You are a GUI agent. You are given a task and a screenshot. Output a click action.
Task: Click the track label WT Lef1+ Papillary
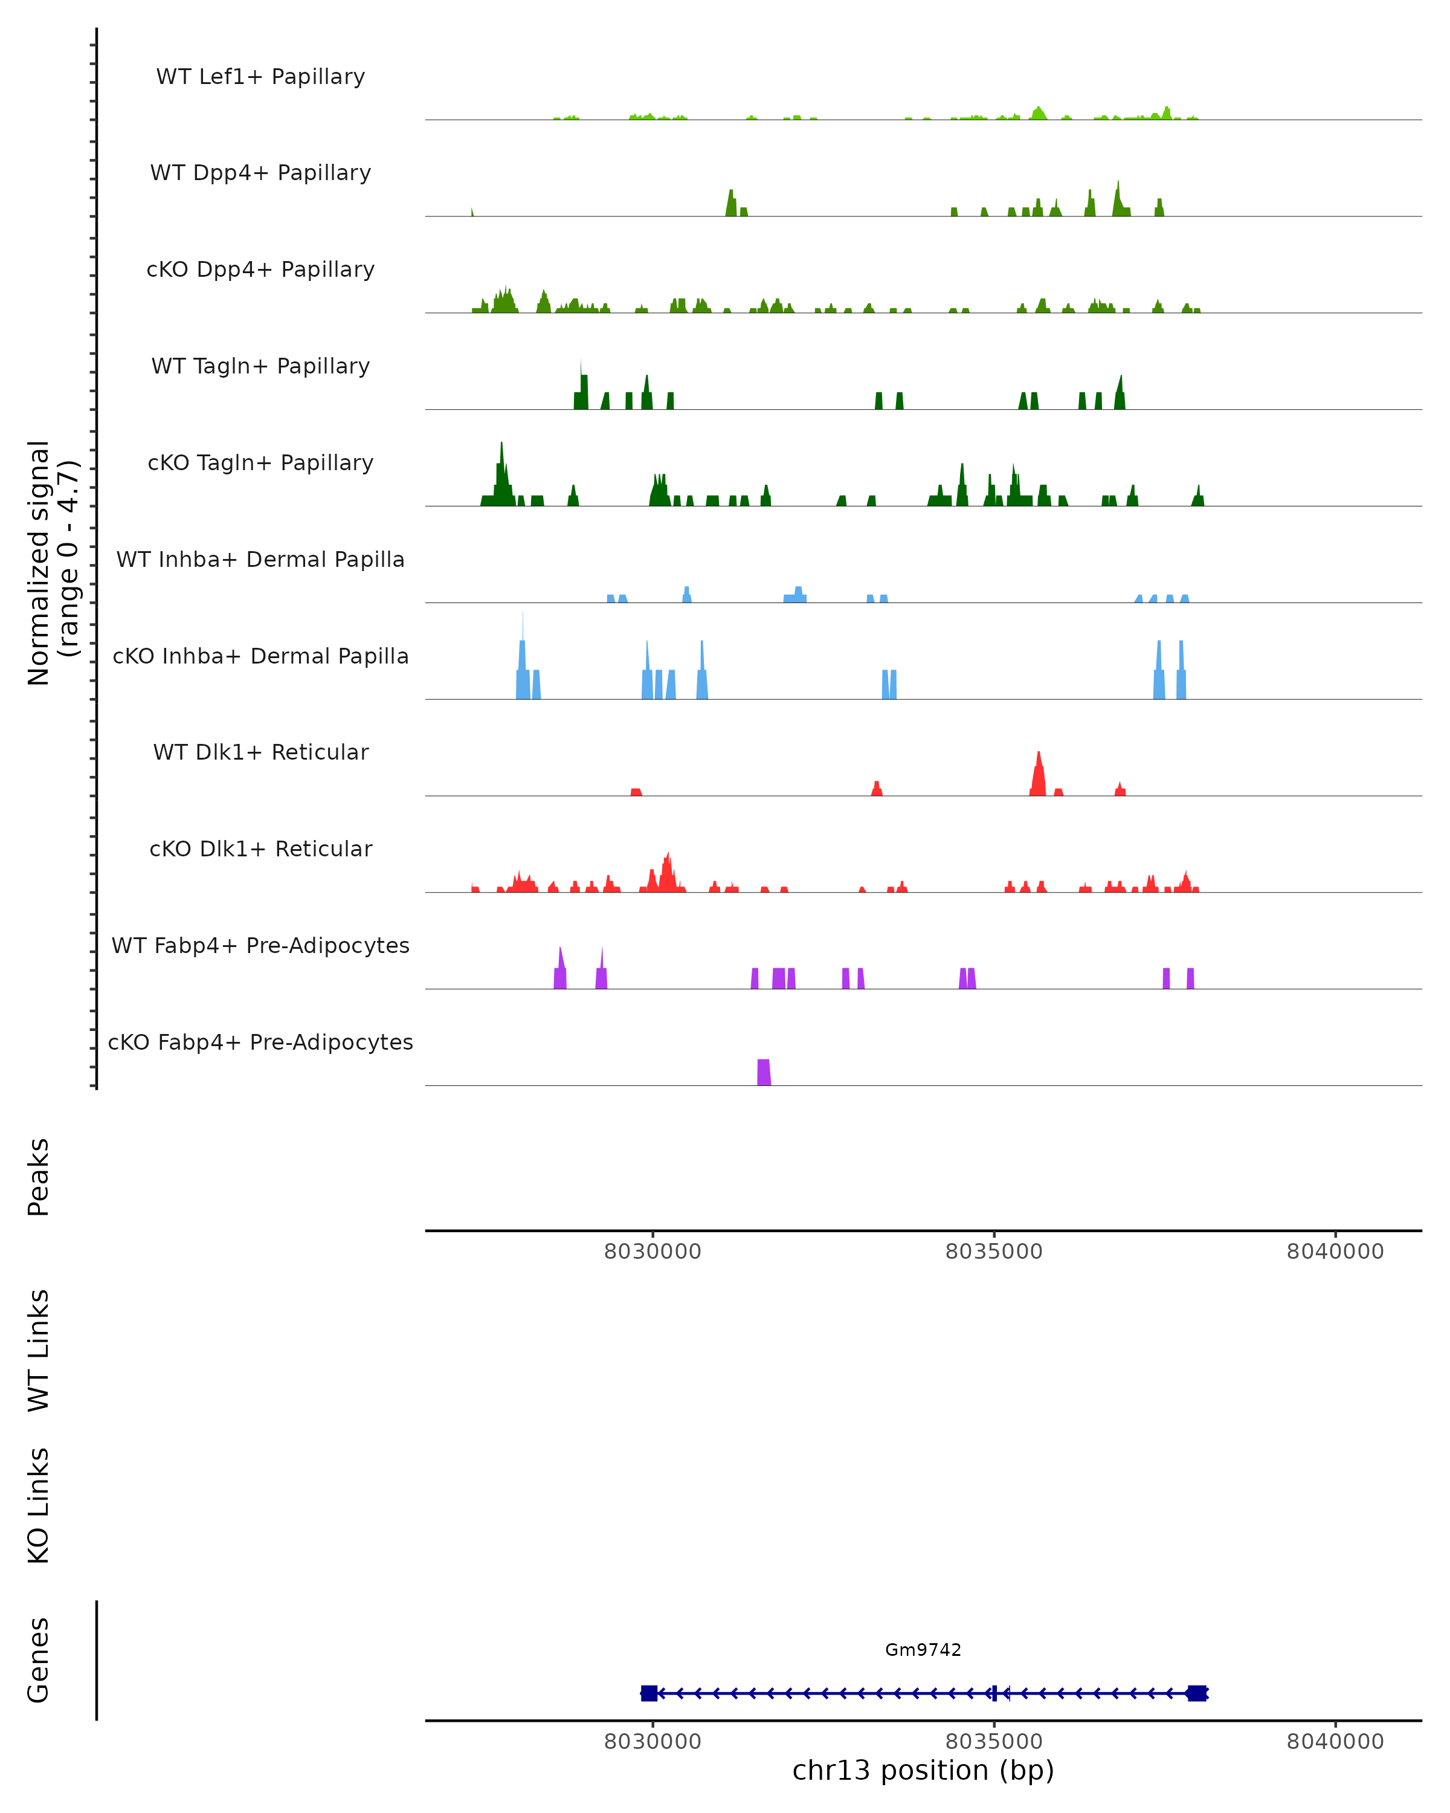(260, 77)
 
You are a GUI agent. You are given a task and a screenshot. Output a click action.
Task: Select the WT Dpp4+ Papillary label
(260, 173)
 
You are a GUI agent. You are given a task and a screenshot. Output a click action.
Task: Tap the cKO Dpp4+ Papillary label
(260, 270)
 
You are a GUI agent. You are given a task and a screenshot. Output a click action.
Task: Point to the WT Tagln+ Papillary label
(260, 367)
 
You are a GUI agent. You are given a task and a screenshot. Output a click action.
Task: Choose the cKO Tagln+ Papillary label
(260, 464)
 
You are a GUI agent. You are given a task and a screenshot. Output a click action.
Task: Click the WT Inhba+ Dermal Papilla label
(260, 560)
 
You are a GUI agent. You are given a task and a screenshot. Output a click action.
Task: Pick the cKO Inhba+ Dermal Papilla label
(260, 657)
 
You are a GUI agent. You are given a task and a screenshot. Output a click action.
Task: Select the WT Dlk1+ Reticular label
(260, 752)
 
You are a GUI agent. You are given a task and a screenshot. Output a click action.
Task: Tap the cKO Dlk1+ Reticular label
(260, 849)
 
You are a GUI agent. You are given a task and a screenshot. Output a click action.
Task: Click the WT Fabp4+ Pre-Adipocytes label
(260, 946)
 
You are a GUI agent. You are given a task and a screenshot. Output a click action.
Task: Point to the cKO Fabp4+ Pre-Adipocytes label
(260, 1042)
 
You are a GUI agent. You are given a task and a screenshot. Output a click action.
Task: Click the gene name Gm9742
(923, 1650)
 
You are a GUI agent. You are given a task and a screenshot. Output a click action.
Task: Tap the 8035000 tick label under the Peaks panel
(994, 1252)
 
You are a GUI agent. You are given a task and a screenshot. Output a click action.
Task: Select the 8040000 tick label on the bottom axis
(1335, 1742)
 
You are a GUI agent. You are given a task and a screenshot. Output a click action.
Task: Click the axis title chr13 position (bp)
(923, 1771)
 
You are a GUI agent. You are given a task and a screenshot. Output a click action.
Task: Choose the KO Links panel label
(39, 1506)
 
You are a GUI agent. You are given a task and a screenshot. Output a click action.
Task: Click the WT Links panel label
(39, 1351)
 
